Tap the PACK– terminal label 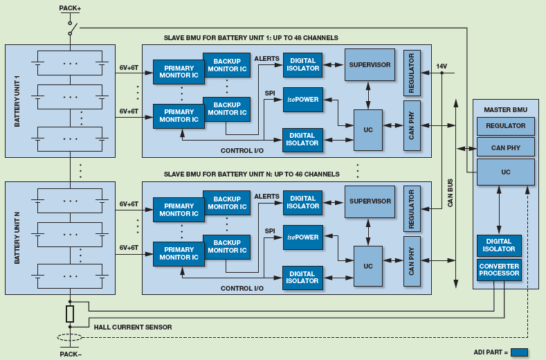pos(70,353)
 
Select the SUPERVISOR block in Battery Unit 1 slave pos(370,65)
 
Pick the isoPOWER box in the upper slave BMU pos(303,100)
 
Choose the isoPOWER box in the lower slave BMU pos(303,237)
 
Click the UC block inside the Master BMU pos(505,172)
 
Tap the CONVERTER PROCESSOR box pos(499,270)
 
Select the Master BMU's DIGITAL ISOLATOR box pos(499,245)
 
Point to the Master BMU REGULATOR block pos(505,126)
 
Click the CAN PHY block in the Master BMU pos(505,147)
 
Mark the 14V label pos(442,66)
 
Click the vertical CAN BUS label pos(450,193)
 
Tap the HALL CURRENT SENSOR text pos(133,327)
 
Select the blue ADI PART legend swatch pos(519,352)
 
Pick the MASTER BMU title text pos(505,109)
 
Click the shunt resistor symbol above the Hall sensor pos(70,314)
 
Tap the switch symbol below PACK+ pos(71,27)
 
